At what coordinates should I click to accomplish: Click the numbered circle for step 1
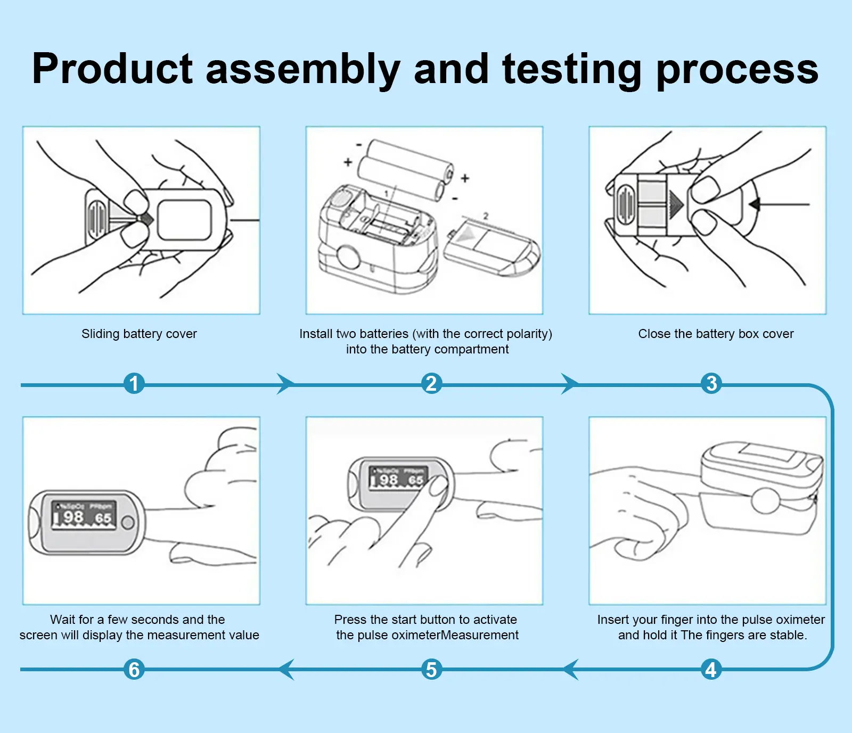134,383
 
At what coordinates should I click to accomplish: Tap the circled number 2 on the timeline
431,383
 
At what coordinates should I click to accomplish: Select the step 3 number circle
711,383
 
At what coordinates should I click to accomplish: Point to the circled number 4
711,669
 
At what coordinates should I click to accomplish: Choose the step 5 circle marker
431,669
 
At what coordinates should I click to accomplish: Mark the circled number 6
134,669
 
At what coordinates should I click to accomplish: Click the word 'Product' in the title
112,69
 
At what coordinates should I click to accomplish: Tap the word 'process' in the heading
737,69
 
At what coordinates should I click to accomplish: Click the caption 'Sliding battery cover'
139,334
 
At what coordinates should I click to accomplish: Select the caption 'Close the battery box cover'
716,334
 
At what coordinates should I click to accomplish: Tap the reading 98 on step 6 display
73,517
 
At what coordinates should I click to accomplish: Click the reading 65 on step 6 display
103,518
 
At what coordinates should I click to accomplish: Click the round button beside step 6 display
128,523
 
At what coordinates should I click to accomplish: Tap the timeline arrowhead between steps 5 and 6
286,669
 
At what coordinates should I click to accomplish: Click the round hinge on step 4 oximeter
765,501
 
